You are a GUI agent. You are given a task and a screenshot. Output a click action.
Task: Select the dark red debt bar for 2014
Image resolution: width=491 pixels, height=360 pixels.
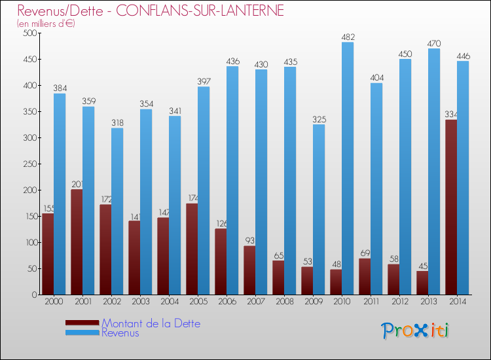pyautogui.click(x=451, y=207)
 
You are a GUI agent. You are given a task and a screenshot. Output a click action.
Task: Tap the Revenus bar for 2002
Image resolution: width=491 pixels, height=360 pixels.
pyautogui.click(x=117, y=211)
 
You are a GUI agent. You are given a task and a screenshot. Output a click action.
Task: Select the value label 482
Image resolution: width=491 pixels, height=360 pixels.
pyautogui.click(x=348, y=37)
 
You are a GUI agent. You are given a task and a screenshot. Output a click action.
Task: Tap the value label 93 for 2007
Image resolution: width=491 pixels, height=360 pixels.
pyautogui.click(x=249, y=241)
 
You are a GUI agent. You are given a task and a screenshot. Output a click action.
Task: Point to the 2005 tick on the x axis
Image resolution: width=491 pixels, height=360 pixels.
pyautogui.click(x=198, y=301)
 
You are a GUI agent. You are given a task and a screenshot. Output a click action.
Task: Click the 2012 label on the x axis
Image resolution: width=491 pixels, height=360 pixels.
pyautogui.click(x=399, y=301)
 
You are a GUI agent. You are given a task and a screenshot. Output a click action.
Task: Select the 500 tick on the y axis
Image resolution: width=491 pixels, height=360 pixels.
pyautogui.click(x=29, y=33)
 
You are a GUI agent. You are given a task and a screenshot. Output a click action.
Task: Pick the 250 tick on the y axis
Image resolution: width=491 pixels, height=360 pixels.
pyautogui.click(x=29, y=164)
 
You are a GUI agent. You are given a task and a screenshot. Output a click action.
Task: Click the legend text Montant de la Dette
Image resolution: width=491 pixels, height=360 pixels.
pyautogui.click(x=151, y=323)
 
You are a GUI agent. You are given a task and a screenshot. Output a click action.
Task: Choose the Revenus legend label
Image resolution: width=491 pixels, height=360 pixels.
pyautogui.click(x=120, y=333)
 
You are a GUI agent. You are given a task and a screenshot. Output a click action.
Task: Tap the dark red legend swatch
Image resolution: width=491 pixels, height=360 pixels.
pyautogui.click(x=82, y=323)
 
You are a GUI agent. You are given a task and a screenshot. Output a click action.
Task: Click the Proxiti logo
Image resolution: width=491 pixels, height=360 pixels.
pyautogui.click(x=416, y=331)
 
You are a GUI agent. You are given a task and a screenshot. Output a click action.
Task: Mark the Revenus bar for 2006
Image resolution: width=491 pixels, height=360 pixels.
pyautogui.click(x=232, y=180)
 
